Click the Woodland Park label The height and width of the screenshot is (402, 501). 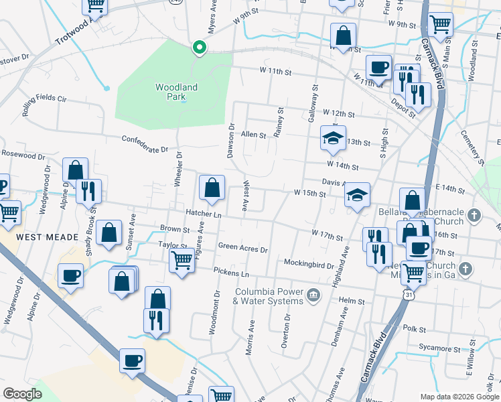pos(176,92)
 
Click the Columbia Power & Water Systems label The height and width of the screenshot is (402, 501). pos(269,296)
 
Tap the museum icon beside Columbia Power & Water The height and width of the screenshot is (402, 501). pos(312,295)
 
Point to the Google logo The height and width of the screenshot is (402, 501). pos(23,394)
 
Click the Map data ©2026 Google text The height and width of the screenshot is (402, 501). pos(459,396)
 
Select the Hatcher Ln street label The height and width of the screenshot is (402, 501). pos(204,214)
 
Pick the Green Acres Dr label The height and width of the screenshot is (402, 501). pos(242,249)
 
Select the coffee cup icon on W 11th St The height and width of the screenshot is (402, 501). pos(378,67)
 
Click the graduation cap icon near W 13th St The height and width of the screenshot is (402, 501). pos(333,138)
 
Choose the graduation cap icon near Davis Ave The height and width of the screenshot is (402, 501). pos(358,195)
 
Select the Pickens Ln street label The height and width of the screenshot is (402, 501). pos(231,273)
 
